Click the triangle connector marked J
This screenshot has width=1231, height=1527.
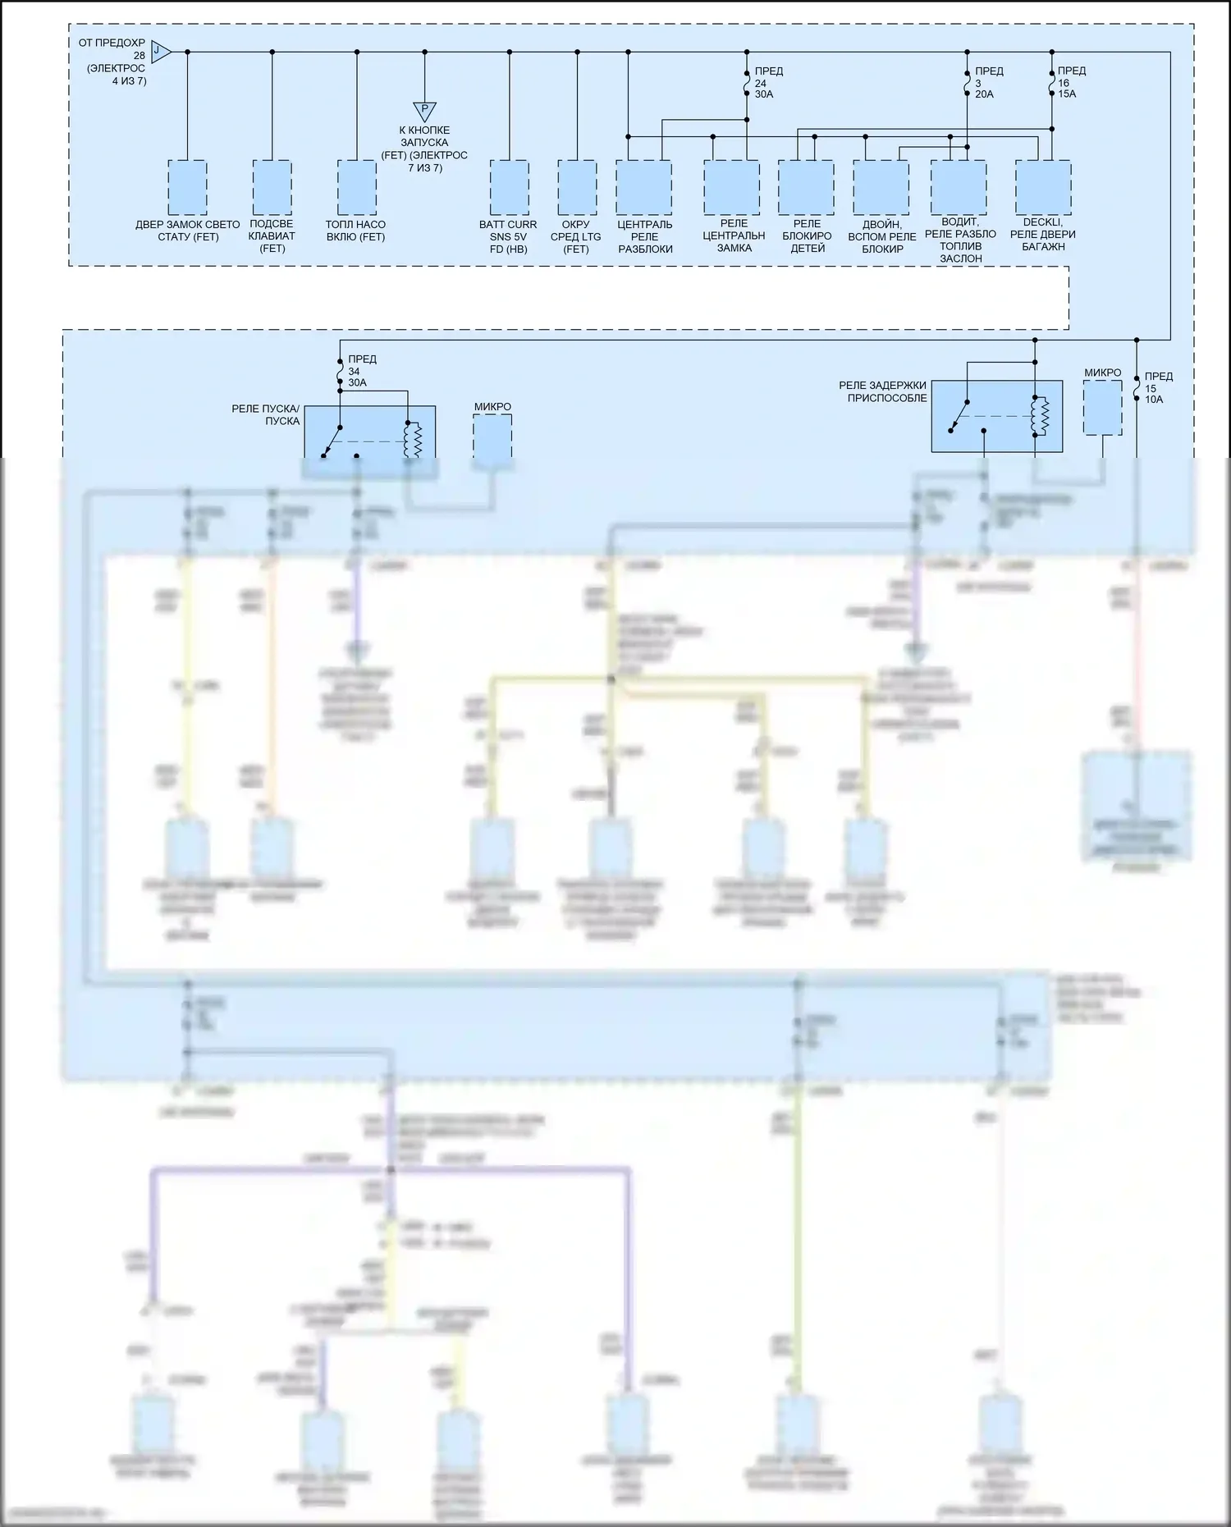161,53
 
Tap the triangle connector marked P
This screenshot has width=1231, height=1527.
424,111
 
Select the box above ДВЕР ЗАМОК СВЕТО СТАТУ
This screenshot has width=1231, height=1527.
187,188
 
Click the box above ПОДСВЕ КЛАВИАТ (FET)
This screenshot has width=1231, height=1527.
272,188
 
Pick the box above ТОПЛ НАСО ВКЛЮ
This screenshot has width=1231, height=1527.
356,188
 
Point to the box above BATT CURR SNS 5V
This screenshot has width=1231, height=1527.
509,188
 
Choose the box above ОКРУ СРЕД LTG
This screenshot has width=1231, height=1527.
577,188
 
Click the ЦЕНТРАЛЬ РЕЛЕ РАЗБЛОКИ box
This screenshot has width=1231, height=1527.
644,188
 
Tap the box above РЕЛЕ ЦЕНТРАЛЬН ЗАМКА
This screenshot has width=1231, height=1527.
731,188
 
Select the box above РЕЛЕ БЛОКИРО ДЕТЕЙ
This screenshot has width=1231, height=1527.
806,188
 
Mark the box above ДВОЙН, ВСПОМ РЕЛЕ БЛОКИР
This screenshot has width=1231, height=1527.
881,188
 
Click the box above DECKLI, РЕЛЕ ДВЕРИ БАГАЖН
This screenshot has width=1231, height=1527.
1042,188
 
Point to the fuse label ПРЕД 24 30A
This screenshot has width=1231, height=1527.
768,83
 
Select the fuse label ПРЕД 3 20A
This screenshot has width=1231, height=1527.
988,83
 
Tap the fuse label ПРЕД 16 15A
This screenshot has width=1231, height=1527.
1071,83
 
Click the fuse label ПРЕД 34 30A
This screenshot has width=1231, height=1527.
361,371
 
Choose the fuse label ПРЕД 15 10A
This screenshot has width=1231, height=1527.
1158,388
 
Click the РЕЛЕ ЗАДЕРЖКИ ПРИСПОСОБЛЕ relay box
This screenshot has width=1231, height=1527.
996,416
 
